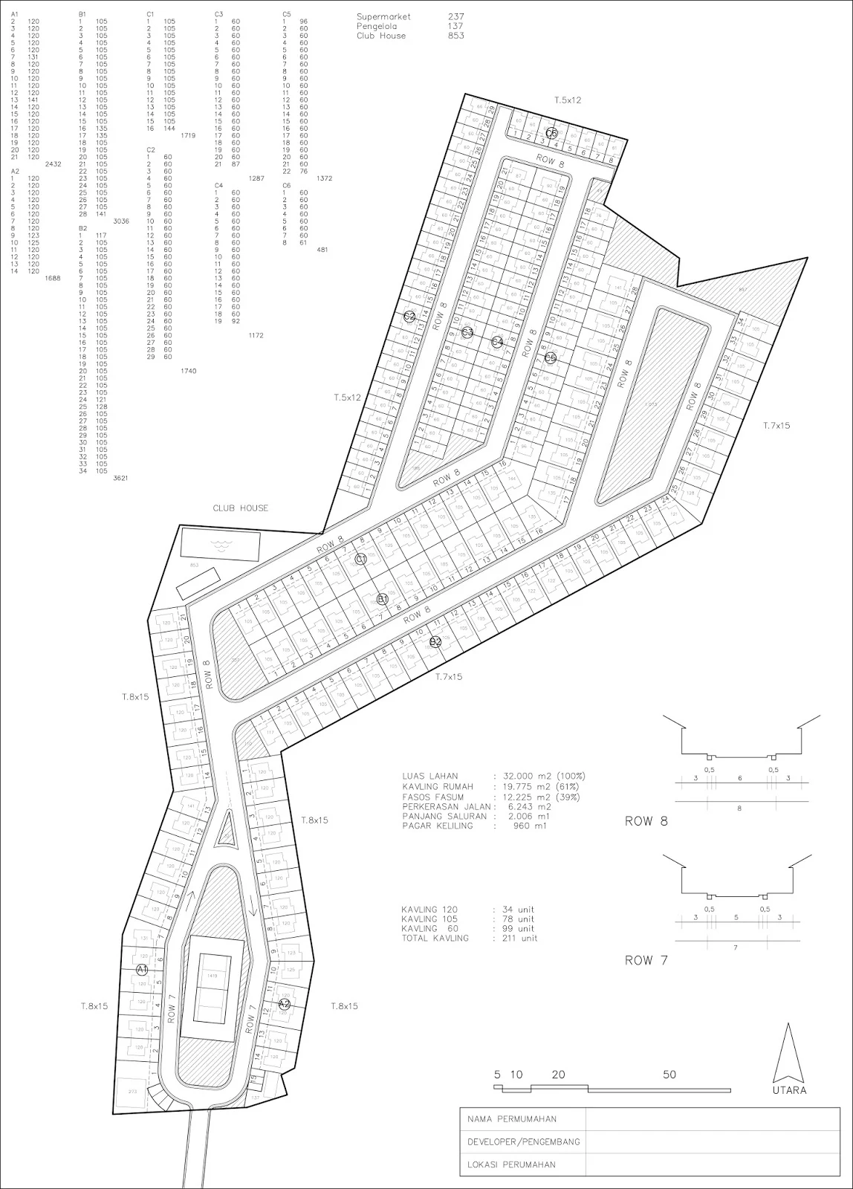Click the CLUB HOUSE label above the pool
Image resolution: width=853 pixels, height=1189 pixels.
point(240,508)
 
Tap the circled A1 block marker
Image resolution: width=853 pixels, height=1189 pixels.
point(143,970)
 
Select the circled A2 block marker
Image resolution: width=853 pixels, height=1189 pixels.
point(284,1004)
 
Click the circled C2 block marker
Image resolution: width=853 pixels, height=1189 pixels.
point(409,317)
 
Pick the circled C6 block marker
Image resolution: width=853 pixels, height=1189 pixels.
point(551,133)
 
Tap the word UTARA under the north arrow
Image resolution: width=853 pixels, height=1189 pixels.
point(789,1090)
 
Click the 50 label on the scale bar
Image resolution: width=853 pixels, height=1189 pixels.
point(669,1075)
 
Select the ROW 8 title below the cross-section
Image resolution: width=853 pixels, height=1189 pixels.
point(646,821)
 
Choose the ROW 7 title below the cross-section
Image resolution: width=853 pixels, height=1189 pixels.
point(646,960)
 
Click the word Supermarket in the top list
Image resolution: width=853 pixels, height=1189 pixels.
point(383,16)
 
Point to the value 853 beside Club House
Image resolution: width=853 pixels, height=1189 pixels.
point(456,36)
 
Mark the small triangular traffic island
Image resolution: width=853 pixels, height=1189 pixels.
point(226,831)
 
